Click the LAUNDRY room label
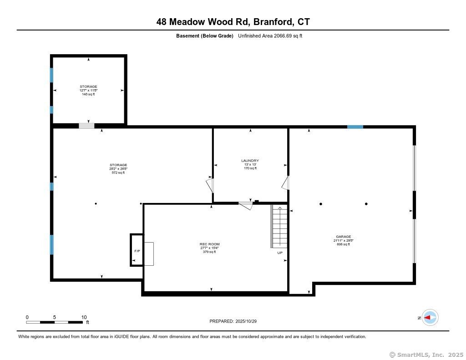point(250,161)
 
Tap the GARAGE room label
point(343,237)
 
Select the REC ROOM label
point(209,244)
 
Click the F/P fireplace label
point(137,251)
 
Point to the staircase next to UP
point(279,227)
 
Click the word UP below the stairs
point(280,253)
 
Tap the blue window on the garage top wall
point(355,127)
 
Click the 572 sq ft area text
point(118,172)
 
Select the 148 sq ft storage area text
point(88,94)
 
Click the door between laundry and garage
point(285,183)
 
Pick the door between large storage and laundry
point(209,185)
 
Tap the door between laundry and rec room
point(246,205)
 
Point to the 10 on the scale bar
point(84,317)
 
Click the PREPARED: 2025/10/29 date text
point(233,321)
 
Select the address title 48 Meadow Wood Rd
point(233,22)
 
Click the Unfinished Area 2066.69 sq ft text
point(270,36)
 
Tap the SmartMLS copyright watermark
point(426,355)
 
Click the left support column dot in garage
point(321,204)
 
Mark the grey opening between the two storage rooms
point(86,126)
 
